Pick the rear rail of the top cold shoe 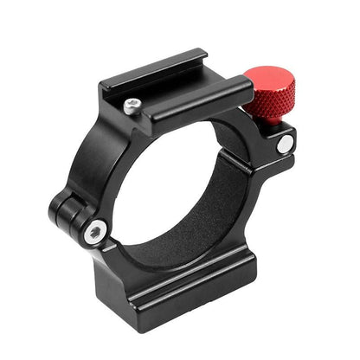coord(173,74)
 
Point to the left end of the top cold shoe coord(108,87)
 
